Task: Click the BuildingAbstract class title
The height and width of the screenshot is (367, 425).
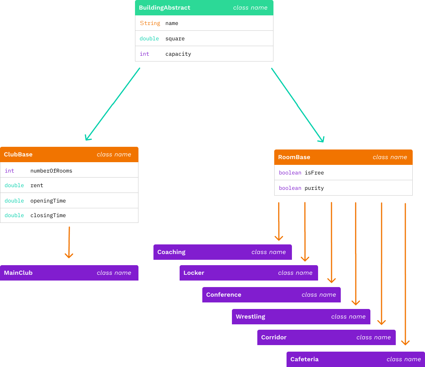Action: coord(164,8)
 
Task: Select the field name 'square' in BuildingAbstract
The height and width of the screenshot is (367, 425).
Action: coord(175,39)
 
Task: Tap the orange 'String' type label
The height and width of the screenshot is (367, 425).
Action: coord(150,23)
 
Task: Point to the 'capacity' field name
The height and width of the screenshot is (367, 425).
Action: coord(178,54)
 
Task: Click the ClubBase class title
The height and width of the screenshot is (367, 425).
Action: coord(18,154)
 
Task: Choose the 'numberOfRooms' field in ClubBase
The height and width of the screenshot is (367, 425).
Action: coord(51,171)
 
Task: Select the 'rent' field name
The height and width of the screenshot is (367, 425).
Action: coord(37,186)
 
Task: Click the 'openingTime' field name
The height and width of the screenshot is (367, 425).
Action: coord(48,201)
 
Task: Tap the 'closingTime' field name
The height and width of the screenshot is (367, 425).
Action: coord(48,216)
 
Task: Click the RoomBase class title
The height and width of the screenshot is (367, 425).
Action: coord(294,157)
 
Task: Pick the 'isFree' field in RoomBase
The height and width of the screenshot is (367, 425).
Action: coord(314,173)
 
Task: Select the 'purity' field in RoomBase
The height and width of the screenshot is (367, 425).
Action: coord(314,188)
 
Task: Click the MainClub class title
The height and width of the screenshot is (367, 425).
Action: coord(18,273)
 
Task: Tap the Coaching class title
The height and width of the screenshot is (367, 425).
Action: coord(171,252)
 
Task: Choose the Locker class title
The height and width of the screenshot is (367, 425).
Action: coord(194,273)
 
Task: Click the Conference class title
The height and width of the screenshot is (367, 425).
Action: coord(223,295)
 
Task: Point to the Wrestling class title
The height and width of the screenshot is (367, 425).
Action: coord(250,317)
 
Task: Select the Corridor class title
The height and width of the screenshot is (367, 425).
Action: coord(274,337)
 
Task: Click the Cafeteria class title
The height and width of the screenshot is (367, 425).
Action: coord(304,359)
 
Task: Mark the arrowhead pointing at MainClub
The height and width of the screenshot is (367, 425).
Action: coord(69,255)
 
